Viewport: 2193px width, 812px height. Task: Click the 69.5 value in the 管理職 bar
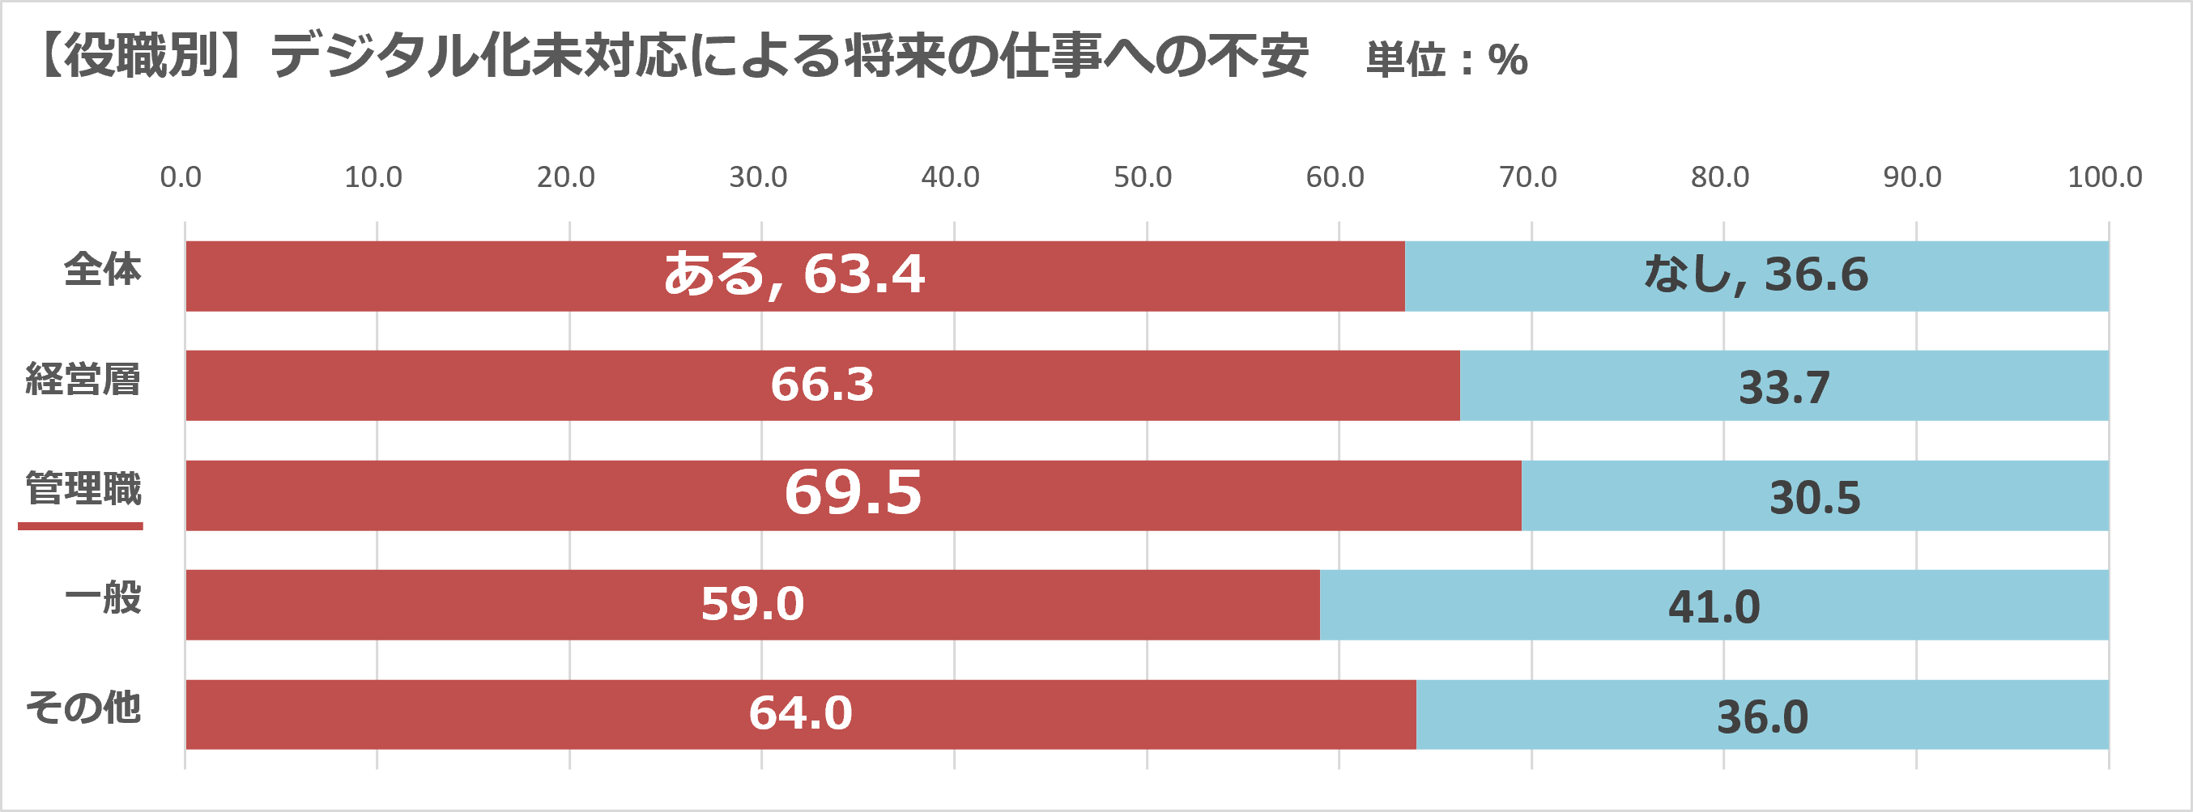tap(852, 493)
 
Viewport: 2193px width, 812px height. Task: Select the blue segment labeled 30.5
tap(1814, 497)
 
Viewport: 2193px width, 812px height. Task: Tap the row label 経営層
tap(83, 380)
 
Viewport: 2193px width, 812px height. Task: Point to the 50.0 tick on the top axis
tap(1143, 177)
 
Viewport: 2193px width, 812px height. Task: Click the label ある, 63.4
tap(794, 274)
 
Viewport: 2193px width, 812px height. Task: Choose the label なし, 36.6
tap(1756, 274)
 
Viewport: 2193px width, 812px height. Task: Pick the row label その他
tap(83, 708)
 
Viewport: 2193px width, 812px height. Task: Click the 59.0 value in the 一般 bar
tap(752, 603)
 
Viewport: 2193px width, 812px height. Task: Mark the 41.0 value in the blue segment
tap(1713, 607)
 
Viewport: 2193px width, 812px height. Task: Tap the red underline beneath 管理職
tap(80, 527)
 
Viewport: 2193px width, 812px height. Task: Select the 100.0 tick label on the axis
tap(2105, 177)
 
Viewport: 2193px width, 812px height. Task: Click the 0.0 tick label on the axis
tap(181, 177)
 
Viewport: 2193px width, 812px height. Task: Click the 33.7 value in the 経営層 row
tap(1783, 387)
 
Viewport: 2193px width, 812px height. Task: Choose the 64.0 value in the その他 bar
tap(799, 713)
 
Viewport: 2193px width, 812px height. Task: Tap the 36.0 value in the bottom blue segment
tap(1761, 716)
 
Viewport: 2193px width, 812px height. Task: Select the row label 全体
tap(102, 270)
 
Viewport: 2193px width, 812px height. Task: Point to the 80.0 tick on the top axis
tap(1720, 177)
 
